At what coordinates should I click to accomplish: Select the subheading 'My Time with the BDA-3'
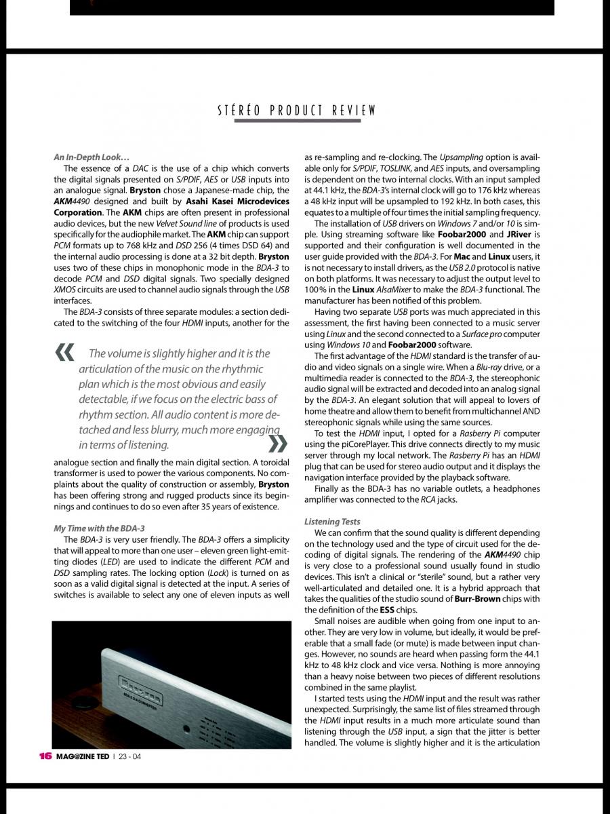[99, 528]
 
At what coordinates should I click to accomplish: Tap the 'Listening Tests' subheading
[333, 522]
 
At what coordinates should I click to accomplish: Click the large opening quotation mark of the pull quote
[65, 352]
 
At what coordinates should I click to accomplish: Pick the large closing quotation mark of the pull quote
[279, 444]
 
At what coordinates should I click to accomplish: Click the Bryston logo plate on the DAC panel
[146, 684]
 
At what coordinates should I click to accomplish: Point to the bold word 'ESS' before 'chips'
[387, 610]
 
